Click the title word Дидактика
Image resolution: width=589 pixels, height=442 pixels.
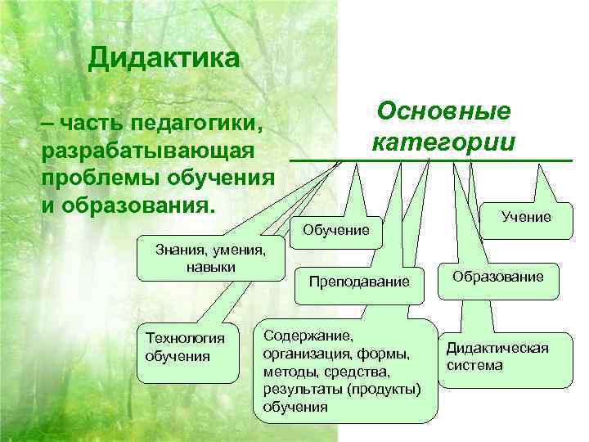click(x=164, y=58)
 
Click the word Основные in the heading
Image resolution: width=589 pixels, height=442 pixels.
click(x=443, y=111)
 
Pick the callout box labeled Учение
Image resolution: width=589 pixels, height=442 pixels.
click(x=527, y=216)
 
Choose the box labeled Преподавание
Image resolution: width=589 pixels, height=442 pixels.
click(x=358, y=282)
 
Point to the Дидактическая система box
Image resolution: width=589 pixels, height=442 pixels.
click(x=497, y=356)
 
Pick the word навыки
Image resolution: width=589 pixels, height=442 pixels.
click(x=205, y=268)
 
